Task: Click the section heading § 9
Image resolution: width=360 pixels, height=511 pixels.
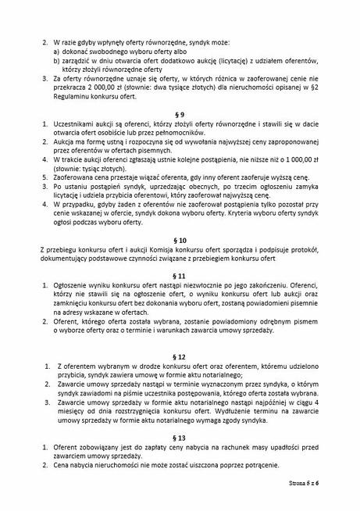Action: point(180,115)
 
